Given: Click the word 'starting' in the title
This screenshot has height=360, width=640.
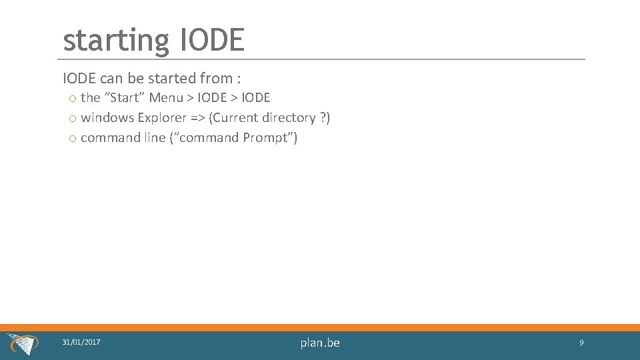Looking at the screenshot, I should pyautogui.click(x=116, y=41).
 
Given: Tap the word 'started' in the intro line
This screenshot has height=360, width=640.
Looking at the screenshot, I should pyautogui.click(x=173, y=79).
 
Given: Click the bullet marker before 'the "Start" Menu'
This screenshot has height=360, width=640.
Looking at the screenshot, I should pyautogui.click(x=71, y=99).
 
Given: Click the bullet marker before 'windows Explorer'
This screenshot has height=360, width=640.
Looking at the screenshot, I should pyautogui.click(x=71, y=119).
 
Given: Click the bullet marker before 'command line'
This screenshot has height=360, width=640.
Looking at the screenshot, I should pyautogui.click(x=71, y=139).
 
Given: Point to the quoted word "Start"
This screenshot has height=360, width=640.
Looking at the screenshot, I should pyautogui.click(x=124, y=98).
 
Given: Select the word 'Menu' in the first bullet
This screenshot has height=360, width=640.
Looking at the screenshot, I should pyautogui.click(x=165, y=98).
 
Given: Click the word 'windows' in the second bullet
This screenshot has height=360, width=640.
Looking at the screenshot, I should pyautogui.click(x=107, y=118).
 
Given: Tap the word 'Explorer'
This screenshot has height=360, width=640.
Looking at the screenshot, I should pyautogui.click(x=159, y=118).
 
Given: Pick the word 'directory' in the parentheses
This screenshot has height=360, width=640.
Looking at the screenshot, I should pyautogui.click(x=289, y=118).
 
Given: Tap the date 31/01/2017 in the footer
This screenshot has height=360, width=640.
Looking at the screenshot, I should pyautogui.click(x=81, y=342).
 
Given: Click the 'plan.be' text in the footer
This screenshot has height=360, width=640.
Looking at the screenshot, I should pyautogui.click(x=320, y=343).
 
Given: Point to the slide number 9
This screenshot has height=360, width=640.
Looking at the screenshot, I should pyautogui.click(x=581, y=343).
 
